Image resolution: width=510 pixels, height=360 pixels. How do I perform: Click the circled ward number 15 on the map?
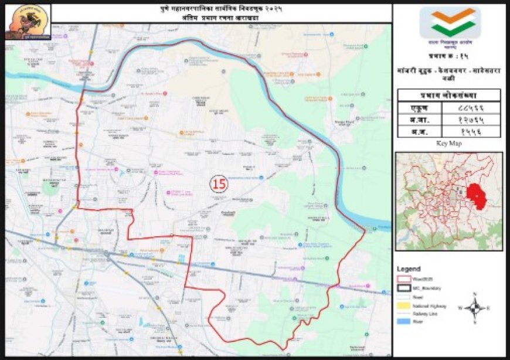tap(219, 184)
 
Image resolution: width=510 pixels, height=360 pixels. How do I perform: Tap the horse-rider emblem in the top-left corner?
tap(28, 22)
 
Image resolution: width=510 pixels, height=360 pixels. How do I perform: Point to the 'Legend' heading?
tap(409, 269)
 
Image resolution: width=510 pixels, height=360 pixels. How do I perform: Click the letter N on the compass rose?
tap(475, 294)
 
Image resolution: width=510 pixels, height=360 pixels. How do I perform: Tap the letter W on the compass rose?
tap(461, 307)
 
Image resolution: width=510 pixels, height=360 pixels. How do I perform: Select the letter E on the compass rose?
tap(489, 307)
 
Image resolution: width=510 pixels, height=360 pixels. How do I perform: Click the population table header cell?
tap(448, 95)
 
